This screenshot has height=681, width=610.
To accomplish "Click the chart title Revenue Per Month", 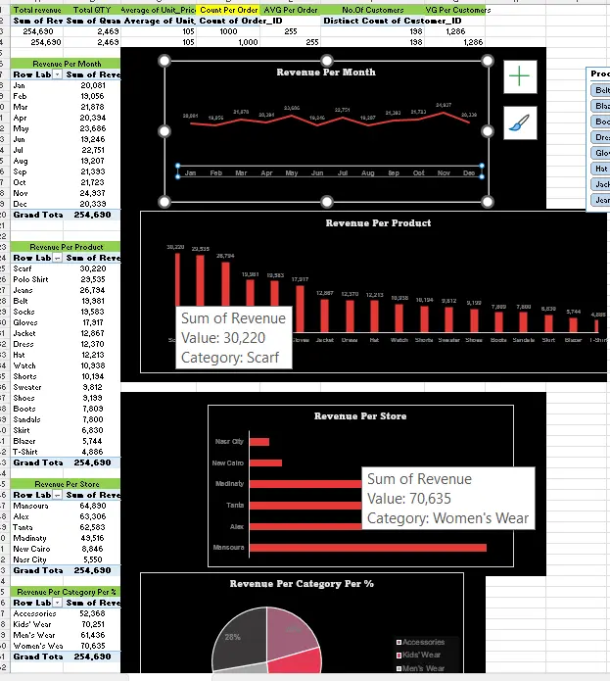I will tap(326, 73).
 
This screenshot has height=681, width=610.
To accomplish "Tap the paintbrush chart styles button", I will tap(520, 122).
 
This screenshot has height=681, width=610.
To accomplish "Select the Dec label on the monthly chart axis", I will tap(469, 172).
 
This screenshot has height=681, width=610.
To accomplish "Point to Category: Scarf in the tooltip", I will tap(229, 358).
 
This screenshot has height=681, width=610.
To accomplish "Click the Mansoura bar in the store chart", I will tap(367, 547).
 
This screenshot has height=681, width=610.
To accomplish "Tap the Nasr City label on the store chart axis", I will tap(229, 442).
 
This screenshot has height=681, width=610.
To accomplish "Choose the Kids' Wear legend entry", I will tap(423, 655).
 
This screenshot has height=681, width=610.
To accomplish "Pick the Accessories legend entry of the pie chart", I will tap(423, 642).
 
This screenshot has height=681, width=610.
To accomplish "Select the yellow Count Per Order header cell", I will tap(228, 9).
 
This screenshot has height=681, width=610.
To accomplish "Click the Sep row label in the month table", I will tap(21, 170).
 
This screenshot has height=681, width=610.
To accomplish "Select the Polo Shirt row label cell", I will tap(29, 279).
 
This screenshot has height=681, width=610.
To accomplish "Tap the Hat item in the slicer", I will tap(600, 168).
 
